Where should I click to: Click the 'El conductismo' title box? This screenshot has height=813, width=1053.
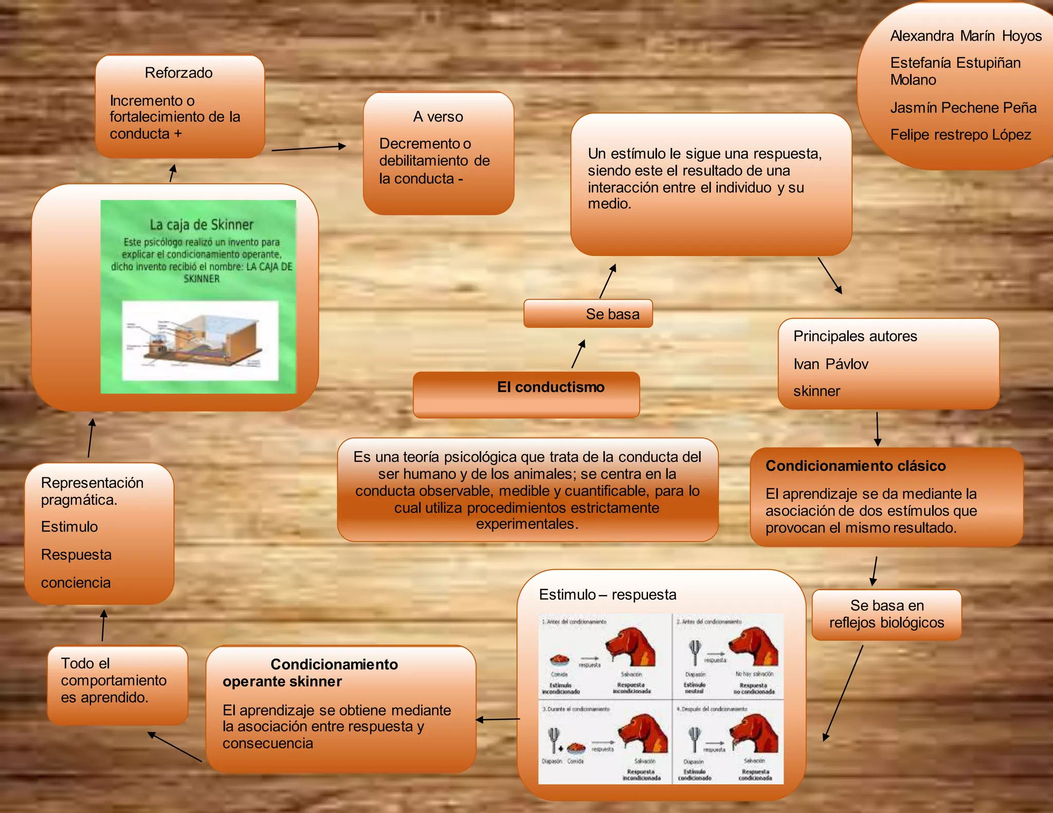coord(526,394)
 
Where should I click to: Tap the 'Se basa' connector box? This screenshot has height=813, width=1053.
coord(588,313)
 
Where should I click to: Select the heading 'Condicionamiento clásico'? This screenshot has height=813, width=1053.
coord(856,466)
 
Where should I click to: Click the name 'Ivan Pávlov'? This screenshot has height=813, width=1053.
coord(830,364)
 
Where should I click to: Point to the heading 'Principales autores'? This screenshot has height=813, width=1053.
coord(855,336)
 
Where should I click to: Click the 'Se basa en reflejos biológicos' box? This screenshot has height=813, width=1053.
coord(886,614)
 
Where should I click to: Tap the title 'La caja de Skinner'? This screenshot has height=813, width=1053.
coord(202,225)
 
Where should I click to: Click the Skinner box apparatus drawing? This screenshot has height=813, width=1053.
coord(200,340)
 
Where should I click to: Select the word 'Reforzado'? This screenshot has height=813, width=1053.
coord(178,73)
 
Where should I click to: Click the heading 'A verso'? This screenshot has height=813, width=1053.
coord(438,117)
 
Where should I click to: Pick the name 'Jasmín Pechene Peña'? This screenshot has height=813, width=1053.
coord(963,107)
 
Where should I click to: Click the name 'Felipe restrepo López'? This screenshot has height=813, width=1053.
coord(960,135)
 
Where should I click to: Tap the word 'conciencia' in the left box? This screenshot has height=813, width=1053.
coord(76,582)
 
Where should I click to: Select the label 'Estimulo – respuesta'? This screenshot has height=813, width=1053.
coord(607,595)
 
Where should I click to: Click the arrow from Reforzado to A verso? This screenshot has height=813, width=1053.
coord(308,148)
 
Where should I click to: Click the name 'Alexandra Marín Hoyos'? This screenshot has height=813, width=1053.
coord(966,36)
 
